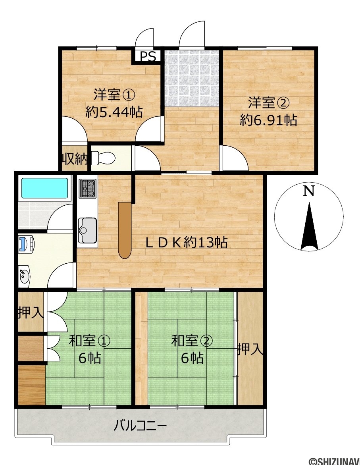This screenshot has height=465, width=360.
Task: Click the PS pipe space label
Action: click(147, 56)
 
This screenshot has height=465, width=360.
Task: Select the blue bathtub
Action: click(44, 188)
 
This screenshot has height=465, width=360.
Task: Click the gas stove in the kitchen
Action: click(87, 189)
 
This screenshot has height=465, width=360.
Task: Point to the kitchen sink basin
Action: click(87, 230)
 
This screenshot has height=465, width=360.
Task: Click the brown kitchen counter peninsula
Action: click(125, 230)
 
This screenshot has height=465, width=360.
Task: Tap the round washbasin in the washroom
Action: click(24, 276)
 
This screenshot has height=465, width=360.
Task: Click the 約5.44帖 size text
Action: click(114, 112)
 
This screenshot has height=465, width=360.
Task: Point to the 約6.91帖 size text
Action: click(268, 120)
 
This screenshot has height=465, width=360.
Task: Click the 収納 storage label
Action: click(75, 160)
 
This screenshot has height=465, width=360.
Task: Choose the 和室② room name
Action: click(192, 341)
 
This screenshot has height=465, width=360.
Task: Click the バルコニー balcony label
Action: click(141, 426)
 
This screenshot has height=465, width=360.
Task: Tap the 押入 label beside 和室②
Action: click(250, 349)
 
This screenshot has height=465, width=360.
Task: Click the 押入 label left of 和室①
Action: click(31, 312)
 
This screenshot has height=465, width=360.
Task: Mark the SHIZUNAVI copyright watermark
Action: click(334, 461)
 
